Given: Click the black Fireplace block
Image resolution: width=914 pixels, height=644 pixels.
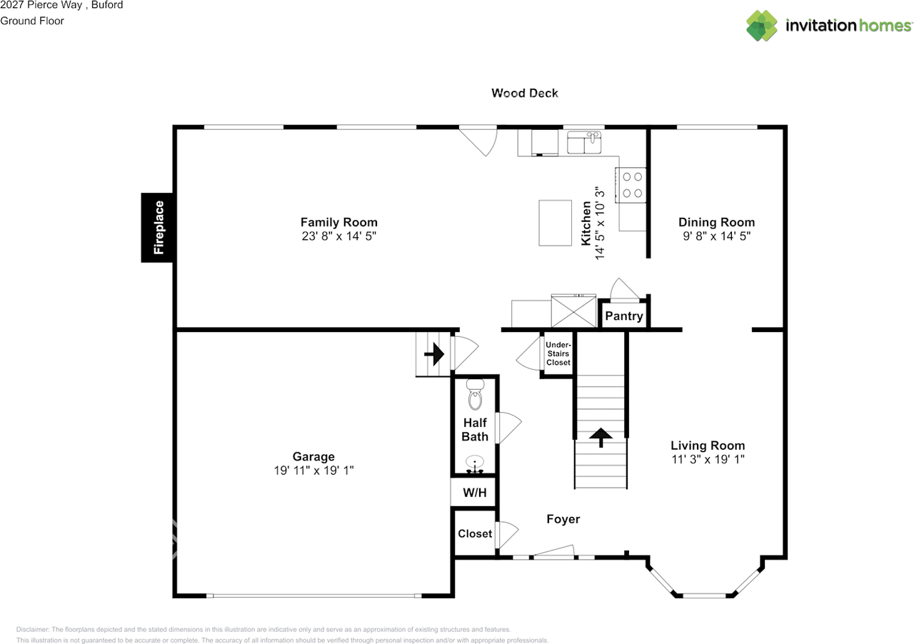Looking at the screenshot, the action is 157,227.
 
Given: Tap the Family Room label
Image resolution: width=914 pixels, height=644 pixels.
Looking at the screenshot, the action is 339,223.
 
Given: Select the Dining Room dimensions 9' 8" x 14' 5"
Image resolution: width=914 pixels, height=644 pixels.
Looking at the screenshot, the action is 716,236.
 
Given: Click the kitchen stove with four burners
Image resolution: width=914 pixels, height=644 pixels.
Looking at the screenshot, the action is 631,185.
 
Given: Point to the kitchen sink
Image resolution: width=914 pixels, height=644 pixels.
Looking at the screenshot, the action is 584,142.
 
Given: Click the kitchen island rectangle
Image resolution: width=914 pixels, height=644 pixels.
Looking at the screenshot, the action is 556,223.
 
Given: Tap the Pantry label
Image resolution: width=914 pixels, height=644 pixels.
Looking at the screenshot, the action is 624,316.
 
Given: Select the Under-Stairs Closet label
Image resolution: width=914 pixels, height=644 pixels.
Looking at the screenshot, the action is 558,353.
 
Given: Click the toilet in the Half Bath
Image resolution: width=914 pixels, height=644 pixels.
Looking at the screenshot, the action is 476,394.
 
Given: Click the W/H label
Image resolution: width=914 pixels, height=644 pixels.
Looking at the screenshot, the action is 475,493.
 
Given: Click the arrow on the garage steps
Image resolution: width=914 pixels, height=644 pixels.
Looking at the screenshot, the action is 434,354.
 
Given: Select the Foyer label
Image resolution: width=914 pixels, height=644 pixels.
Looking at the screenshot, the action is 563,519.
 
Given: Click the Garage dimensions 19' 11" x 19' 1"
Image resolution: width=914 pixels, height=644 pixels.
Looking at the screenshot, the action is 313,471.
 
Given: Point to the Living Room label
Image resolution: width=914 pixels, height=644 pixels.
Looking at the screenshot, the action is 708,446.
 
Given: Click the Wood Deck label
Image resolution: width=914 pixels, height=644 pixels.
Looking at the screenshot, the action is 525,93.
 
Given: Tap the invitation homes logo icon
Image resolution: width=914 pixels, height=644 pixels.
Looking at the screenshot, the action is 762,26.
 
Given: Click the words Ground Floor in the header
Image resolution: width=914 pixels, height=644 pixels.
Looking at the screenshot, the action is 32,21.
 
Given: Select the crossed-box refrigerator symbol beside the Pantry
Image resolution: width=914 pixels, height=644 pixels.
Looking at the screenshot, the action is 573,311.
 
